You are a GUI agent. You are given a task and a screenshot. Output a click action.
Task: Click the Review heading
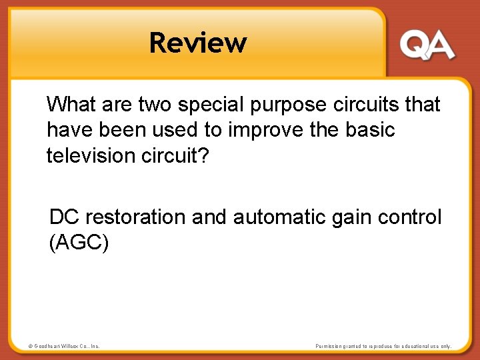[198, 43]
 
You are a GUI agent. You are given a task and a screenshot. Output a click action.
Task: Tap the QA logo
[427, 45]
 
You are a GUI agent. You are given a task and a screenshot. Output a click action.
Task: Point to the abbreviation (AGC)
[79, 243]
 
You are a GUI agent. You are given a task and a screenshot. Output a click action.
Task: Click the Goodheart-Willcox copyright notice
[64, 346]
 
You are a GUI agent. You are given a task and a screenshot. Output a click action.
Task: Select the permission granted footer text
[383, 346]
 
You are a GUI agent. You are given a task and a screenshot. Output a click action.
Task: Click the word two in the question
[154, 104]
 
